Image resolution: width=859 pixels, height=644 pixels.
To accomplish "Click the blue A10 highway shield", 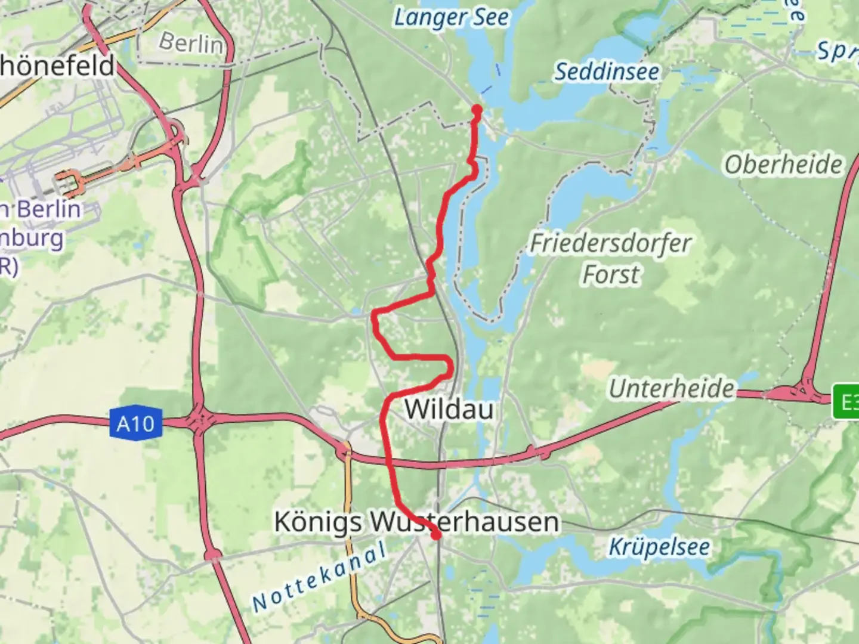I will (x=135, y=424).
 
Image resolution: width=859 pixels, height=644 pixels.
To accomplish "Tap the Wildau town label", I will (x=449, y=410).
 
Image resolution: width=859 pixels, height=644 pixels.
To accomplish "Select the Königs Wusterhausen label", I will (x=416, y=522).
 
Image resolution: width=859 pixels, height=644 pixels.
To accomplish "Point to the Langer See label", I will (x=452, y=18).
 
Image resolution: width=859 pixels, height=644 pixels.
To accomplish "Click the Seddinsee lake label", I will (x=607, y=72).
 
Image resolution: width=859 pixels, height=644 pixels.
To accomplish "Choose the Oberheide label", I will (x=783, y=165).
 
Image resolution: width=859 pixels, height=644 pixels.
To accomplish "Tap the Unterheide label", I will (x=671, y=389).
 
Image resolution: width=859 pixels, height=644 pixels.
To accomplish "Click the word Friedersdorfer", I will (x=610, y=243).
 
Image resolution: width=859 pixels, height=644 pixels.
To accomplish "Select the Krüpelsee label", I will (x=659, y=547).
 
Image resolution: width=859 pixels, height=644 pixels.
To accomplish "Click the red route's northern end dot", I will (x=477, y=109).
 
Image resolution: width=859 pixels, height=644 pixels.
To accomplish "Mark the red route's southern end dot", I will (x=437, y=535).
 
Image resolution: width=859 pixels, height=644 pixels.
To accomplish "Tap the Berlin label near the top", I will (x=191, y=43).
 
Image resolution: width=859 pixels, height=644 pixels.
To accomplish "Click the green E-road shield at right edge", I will (x=847, y=402).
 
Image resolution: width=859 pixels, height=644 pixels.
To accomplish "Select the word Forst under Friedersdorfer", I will (x=610, y=275).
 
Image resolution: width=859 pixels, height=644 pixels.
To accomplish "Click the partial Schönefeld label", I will (x=57, y=66).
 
